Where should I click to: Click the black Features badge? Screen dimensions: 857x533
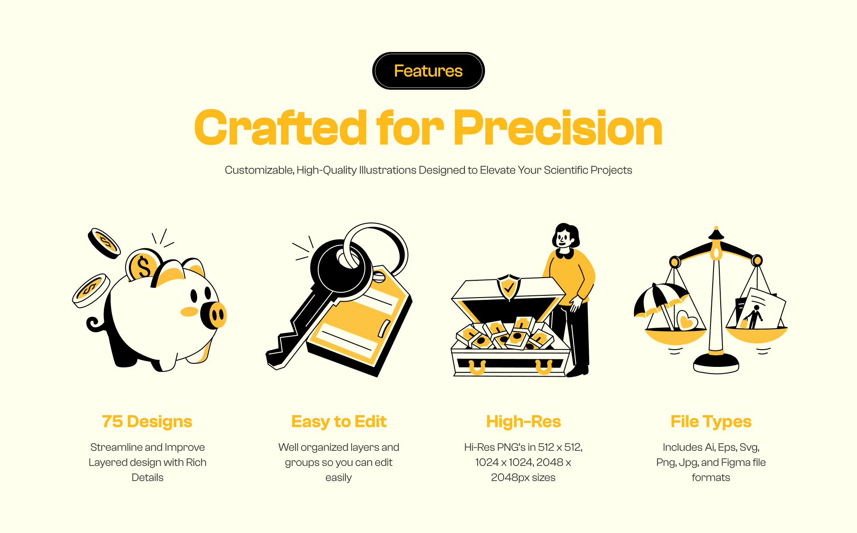click(428, 71)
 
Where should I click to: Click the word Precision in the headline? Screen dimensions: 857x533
click(558, 128)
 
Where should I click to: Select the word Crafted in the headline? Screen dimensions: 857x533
click(281, 128)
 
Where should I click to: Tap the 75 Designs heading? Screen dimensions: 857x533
click(147, 422)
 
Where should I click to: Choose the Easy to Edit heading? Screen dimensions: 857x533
click(339, 422)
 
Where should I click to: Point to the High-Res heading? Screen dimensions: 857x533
click(524, 422)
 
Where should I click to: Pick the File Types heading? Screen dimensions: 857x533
click(711, 422)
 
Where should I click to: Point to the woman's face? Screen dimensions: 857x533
click(564, 239)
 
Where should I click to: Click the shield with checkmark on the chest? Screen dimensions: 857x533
click(509, 287)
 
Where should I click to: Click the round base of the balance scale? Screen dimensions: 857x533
click(716, 363)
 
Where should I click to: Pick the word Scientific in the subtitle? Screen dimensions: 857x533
click(565, 170)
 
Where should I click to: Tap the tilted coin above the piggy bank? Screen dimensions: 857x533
click(104, 243)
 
